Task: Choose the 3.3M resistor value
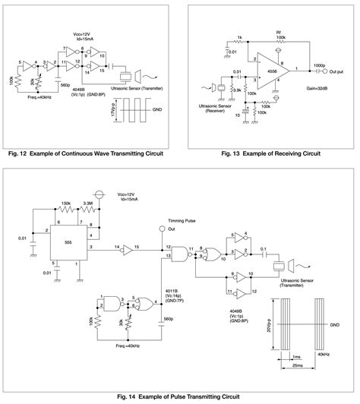pyautogui.click(x=89, y=204)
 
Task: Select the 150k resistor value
pyautogui.click(x=67, y=204)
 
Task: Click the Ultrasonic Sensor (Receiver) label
pyautogui.click(x=215, y=112)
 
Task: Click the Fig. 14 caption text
pyautogui.click(x=179, y=397)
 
